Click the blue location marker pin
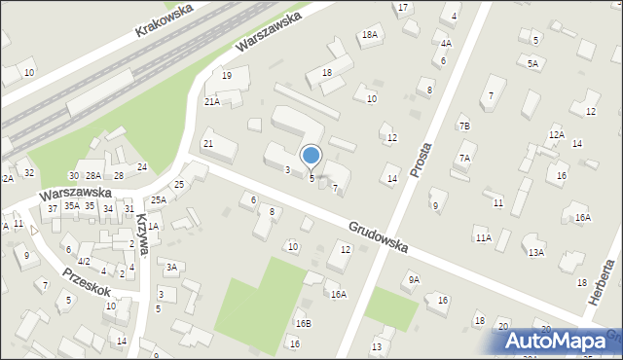311,156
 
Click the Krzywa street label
144,234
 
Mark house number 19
226,76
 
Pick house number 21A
211,101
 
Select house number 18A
369,35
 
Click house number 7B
464,126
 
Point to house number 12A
557,134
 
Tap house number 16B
304,323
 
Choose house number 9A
414,279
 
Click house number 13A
535,253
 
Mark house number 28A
93,175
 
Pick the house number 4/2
84,261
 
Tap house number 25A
158,199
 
